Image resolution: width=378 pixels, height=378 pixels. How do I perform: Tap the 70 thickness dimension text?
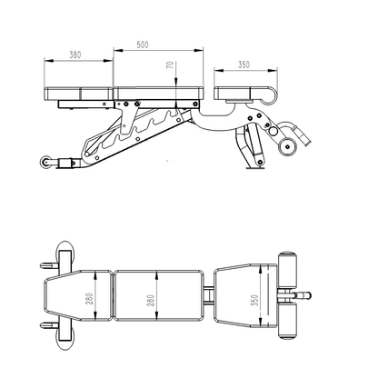(170, 68)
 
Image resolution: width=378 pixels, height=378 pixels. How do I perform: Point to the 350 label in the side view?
(244, 66)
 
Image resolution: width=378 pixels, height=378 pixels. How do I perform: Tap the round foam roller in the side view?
(289, 143)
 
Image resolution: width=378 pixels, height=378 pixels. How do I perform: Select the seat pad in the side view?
(244, 91)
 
